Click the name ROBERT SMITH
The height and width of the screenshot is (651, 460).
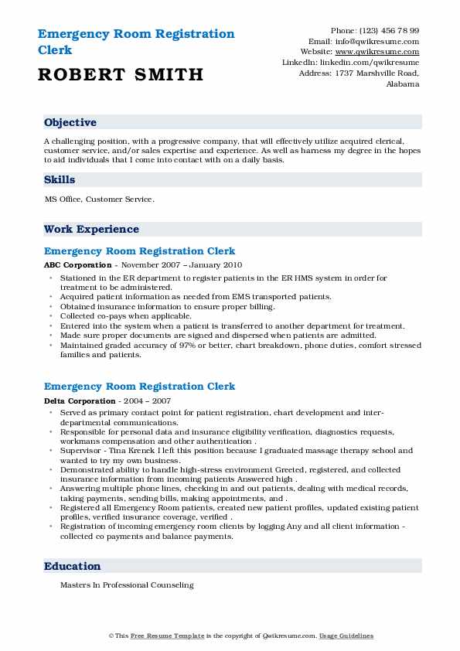pyautogui.click(x=120, y=75)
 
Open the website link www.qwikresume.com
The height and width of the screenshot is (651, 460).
pyautogui.click(x=383, y=52)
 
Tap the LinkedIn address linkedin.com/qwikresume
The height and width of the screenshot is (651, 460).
pyautogui.click(x=373, y=62)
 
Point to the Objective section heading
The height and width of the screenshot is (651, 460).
pyautogui.click(x=70, y=123)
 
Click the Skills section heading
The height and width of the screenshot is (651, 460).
pyautogui.click(x=60, y=180)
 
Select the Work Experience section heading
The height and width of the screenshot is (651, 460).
pyautogui.click(x=91, y=230)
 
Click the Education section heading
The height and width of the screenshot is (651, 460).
pyautogui.click(x=72, y=567)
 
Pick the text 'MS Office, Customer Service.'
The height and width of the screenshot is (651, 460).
pyautogui.click(x=100, y=199)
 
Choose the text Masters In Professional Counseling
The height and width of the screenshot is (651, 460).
pyautogui.click(x=127, y=586)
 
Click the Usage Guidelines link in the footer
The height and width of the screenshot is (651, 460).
pyautogui.click(x=346, y=636)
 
